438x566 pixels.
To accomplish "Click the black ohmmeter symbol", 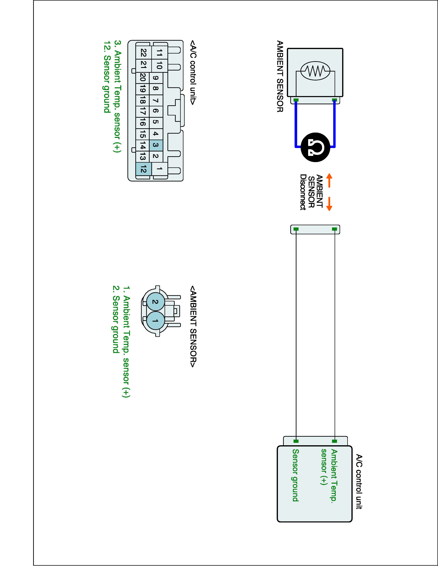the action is click(x=315, y=147).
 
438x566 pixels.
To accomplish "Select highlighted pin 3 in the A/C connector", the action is click(x=156, y=145).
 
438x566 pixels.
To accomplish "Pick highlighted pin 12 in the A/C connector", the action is click(x=143, y=170).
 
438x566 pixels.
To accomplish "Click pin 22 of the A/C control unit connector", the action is click(x=143, y=53).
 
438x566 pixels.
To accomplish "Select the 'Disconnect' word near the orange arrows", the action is click(x=303, y=192).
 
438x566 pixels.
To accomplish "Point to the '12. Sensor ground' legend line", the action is click(x=106, y=77).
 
